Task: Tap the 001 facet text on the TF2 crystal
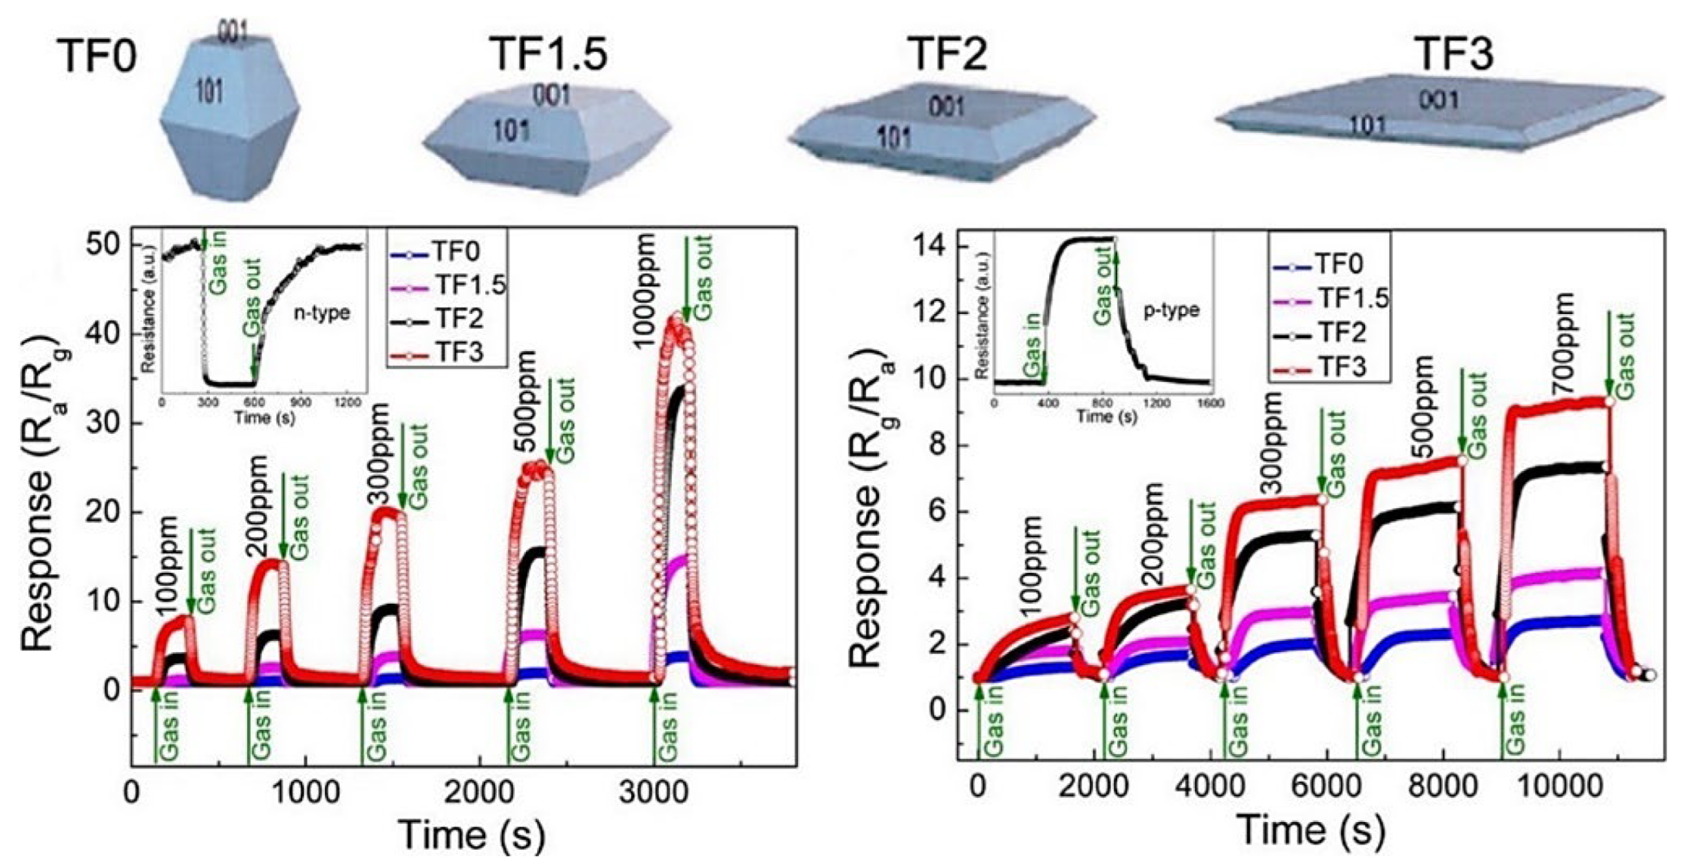tap(947, 107)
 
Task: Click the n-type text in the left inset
tap(324, 313)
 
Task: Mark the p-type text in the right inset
tap(1171, 310)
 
